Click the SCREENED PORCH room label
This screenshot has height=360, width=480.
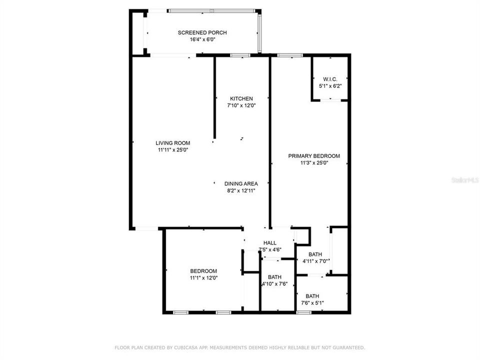[x=195, y=32]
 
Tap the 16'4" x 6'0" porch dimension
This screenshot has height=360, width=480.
[x=195, y=39]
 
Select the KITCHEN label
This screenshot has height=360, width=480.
[x=241, y=98]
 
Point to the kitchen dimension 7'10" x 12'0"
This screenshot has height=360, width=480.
[x=241, y=105]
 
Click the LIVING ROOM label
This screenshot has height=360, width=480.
[x=172, y=142]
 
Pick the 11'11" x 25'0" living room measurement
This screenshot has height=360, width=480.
[x=172, y=149]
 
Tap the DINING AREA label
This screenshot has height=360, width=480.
[x=241, y=183]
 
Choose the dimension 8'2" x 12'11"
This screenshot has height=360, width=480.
[x=241, y=190]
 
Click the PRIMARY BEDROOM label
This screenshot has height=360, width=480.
[x=314, y=155]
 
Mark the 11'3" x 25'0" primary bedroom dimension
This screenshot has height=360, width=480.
[x=314, y=162]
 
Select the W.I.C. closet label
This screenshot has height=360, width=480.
[x=330, y=79]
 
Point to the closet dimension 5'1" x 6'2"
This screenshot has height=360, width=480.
[x=330, y=86]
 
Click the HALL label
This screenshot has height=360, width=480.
[x=270, y=243]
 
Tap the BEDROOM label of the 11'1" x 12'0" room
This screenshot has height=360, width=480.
[x=203, y=270]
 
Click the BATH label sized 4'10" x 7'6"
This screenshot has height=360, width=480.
[x=274, y=277]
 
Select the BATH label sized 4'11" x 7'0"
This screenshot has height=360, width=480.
[x=315, y=254]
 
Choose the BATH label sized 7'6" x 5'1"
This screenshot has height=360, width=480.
[x=312, y=295]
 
